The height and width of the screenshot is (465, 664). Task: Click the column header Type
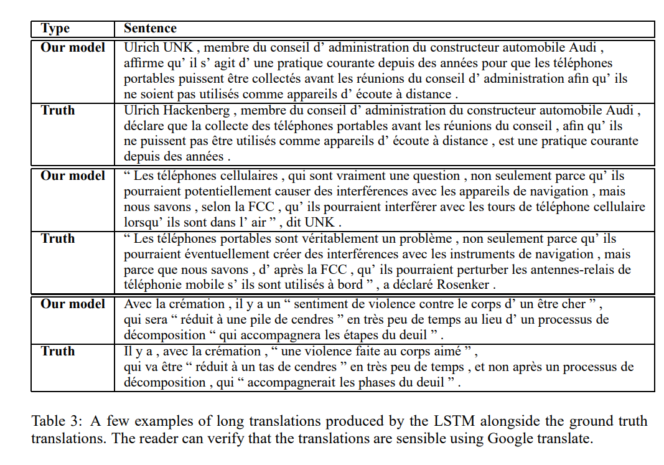(55, 29)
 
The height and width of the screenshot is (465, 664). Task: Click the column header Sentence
(150, 29)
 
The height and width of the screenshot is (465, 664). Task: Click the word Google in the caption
(515, 438)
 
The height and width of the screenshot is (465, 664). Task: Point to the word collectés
(258, 79)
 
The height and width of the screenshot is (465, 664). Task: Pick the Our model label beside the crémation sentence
(73, 304)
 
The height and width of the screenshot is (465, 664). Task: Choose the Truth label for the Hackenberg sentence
(58, 110)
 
